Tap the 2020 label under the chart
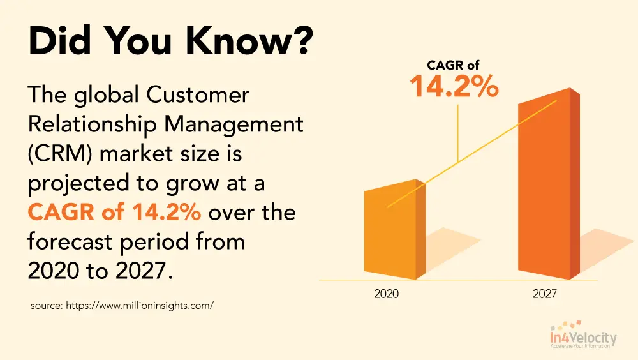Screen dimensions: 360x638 [x=387, y=294]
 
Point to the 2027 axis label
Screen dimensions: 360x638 [x=544, y=294]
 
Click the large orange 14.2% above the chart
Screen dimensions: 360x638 [x=454, y=87]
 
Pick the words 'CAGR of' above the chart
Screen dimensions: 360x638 [x=453, y=64]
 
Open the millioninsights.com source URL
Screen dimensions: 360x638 [x=139, y=306]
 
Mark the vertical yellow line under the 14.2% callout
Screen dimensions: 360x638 [x=458, y=131]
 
